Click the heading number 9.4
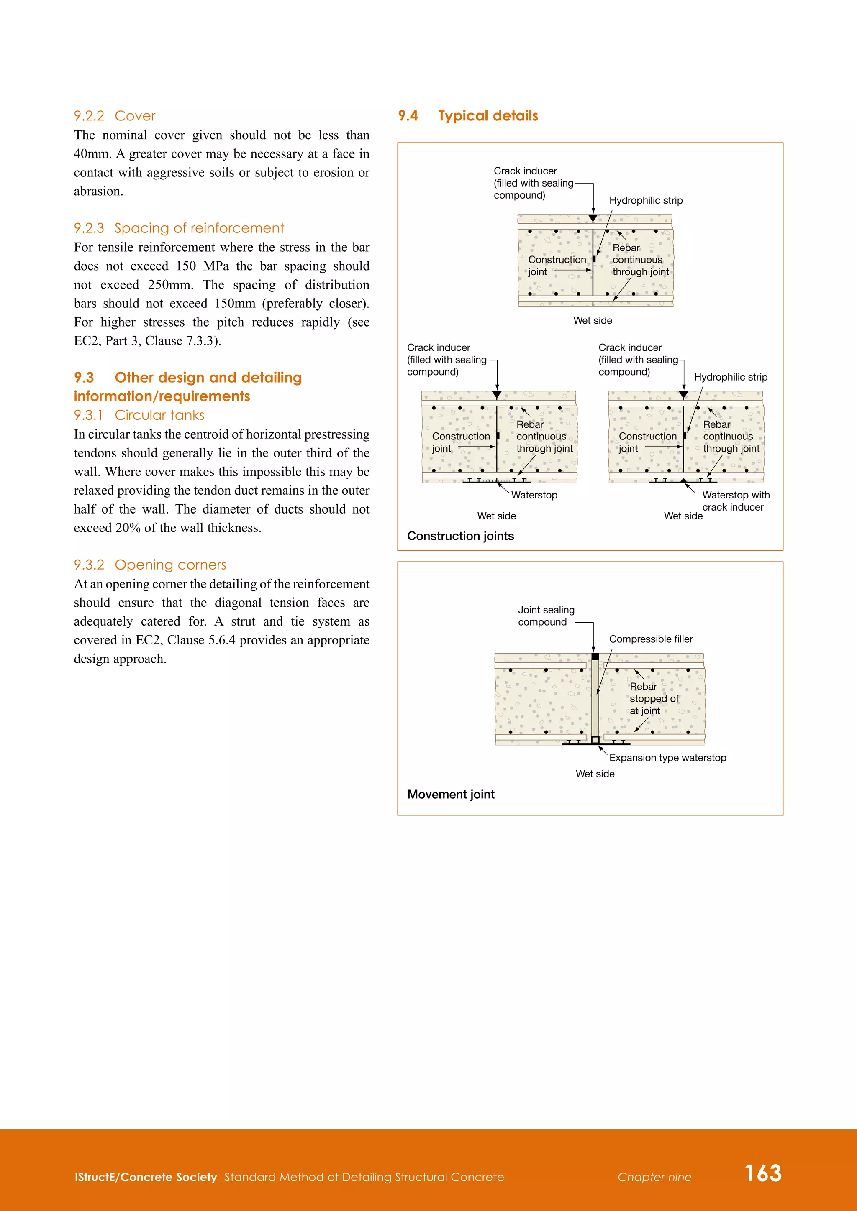pyautogui.click(x=408, y=116)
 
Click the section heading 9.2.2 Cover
pyautogui.click(x=115, y=116)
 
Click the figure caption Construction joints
pyautogui.click(x=460, y=536)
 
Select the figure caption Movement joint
pyautogui.click(x=451, y=795)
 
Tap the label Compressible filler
pyautogui.click(x=651, y=639)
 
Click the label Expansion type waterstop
pyautogui.click(x=667, y=758)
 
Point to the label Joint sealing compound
pyautogui.click(x=546, y=616)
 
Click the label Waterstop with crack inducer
pyautogui.click(x=735, y=501)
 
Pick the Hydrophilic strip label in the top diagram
pyautogui.click(x=646, y=200)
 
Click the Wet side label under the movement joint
pyautogui.click(x=595, y=774)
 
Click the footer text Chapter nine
pyautogui.click(x=654, y=1177)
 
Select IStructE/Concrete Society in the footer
pyautogui.click(x=146, y=1177)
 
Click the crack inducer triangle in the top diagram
pyautogui.click(x=593, y=218)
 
